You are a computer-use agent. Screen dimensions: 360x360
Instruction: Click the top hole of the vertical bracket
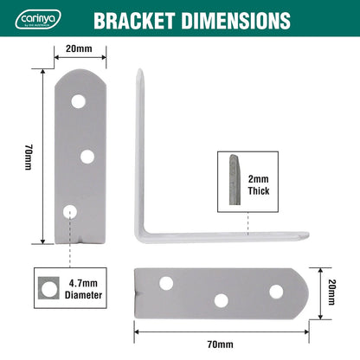(79, 101)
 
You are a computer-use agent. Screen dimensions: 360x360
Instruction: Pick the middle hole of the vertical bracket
(87, 156)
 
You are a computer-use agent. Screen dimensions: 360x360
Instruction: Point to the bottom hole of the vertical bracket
(71, 210)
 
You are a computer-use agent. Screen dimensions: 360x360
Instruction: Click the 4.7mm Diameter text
(84, 288)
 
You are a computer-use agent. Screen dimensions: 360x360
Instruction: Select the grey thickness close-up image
(234, 180)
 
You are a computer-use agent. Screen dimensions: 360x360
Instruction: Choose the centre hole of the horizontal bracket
(222, 299)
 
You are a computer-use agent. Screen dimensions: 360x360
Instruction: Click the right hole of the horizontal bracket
(275, 292)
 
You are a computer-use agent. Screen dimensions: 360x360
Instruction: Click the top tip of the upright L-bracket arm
(138, 74)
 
